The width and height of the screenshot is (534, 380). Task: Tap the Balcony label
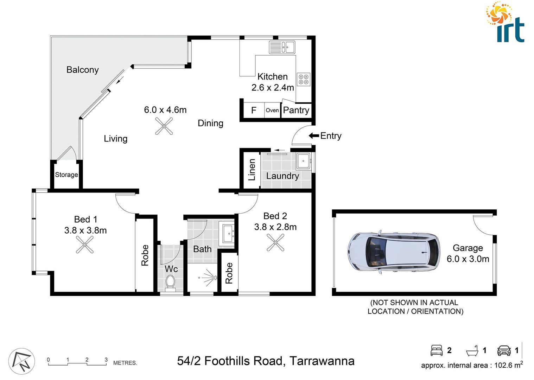[82, 70]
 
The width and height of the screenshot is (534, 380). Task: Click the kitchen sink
[282, 47]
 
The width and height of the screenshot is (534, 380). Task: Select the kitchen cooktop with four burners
[304, 79]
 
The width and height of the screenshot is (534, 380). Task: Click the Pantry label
[296, 110]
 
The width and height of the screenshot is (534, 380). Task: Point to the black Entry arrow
[313, 136]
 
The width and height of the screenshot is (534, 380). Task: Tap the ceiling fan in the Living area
[164, 126]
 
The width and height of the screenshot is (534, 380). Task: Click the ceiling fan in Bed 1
[85, 245]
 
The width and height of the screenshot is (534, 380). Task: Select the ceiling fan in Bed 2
[275, 242]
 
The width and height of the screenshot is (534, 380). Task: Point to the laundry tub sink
[303, 161]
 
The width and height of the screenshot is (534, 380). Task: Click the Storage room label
[66, 175]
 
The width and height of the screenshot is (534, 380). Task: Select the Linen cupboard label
[252, 170]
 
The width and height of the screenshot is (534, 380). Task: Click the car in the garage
[393, 252]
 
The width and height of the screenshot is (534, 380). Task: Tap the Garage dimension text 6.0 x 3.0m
[468, 259]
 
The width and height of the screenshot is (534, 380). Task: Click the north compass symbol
[22, 362]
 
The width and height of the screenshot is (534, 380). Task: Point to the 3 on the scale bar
[106, 360]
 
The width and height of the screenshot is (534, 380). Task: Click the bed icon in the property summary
[437, 350]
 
